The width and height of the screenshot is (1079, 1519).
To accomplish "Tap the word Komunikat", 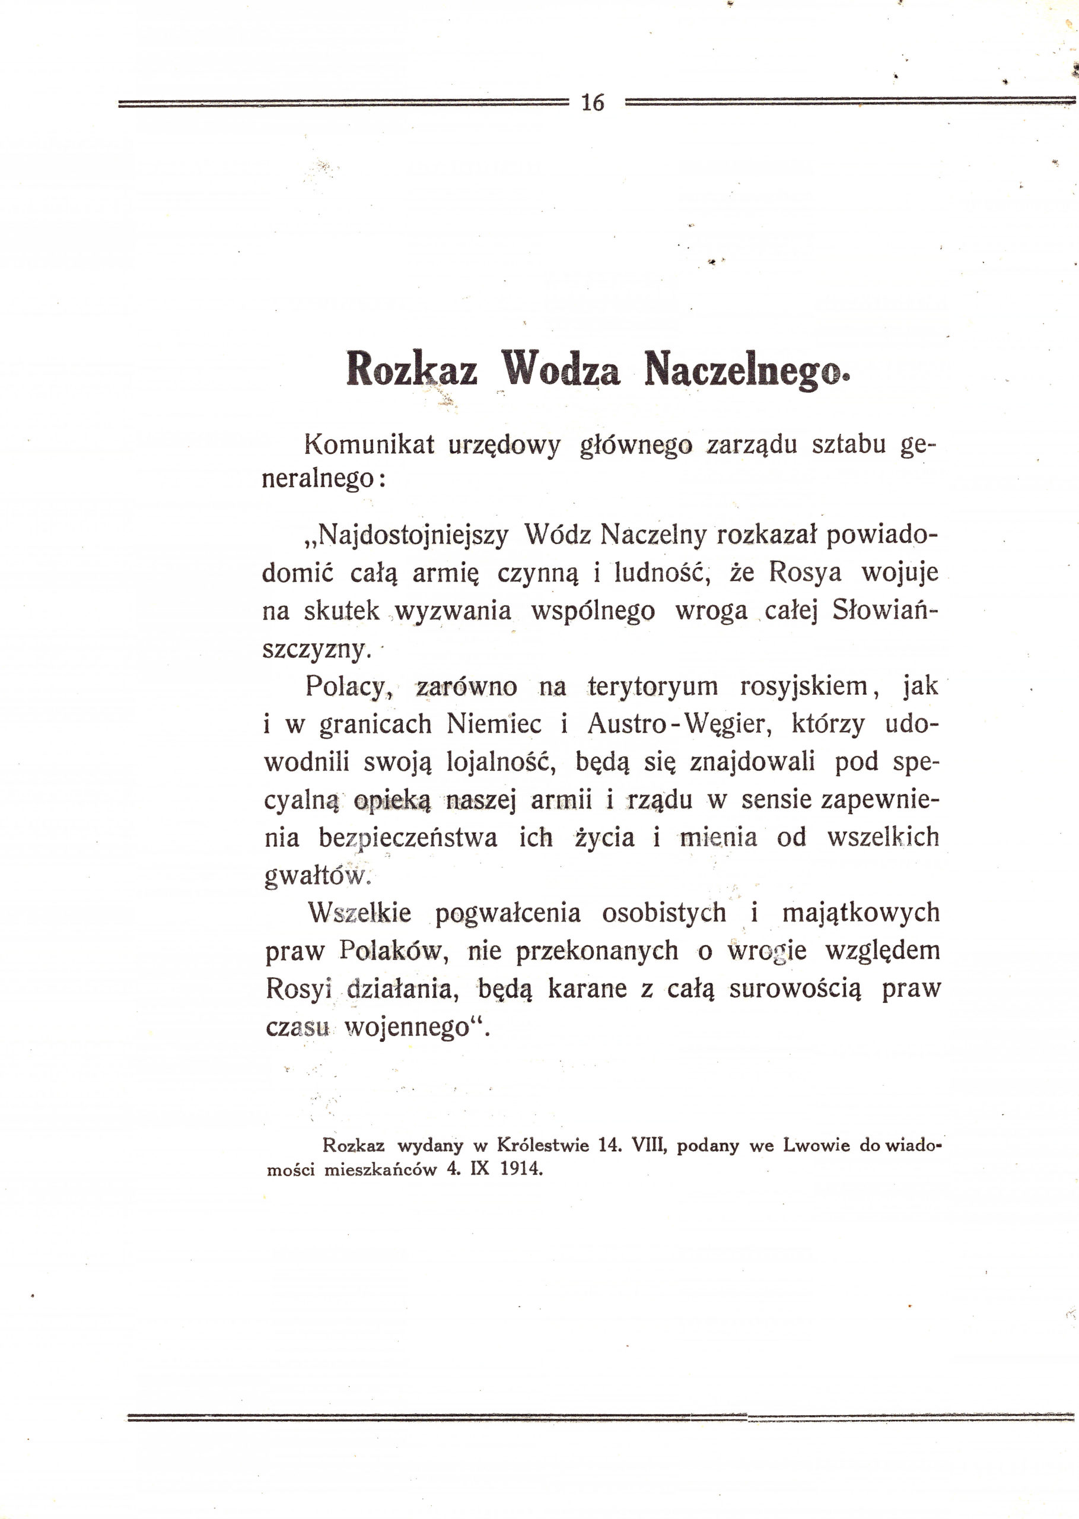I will (x=370, y=444).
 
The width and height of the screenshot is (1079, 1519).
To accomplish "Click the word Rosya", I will (x=806, y=572).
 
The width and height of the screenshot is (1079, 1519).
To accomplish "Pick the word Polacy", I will (x=345, y=687).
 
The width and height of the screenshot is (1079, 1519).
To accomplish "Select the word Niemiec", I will (x=494, y=724).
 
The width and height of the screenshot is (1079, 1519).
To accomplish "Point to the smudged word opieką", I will (x=393, y=800).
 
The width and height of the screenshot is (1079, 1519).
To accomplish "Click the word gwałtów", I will (x=316, y=876).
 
